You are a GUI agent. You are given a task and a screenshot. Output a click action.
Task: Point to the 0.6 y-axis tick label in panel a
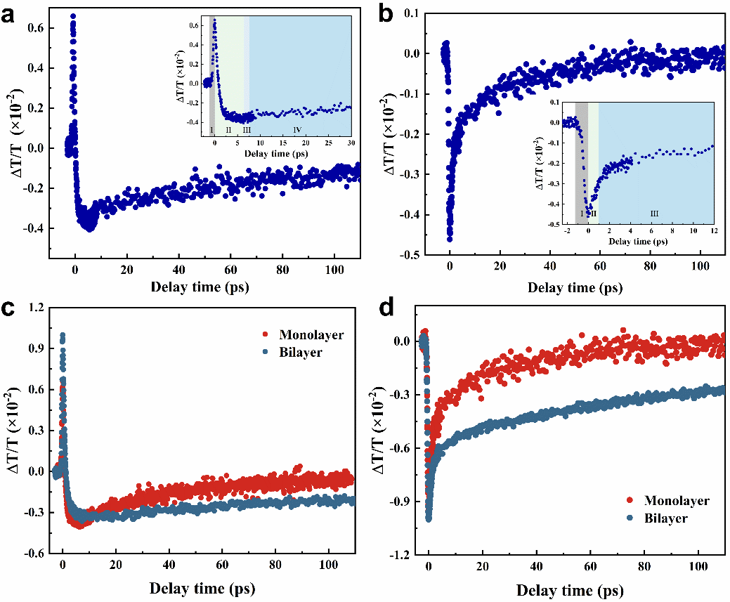pyautogui.click(x=35, y=29)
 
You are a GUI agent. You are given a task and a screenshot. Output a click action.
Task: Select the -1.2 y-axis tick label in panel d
pyautogui.click(x=404, y=555)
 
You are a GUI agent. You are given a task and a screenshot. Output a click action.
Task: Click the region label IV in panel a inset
pyautogui.click(x=297, y=131)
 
